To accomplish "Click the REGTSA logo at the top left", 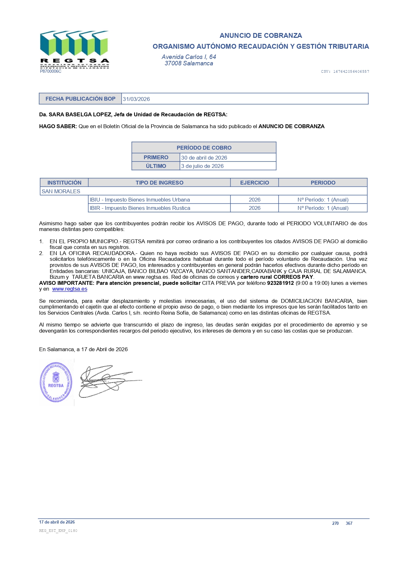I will tap(74, 50).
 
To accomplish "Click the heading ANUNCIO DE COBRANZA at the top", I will tap(260, 36).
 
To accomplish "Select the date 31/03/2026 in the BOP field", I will tap(136, 99).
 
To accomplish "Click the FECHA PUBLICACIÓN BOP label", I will tap(80, 99).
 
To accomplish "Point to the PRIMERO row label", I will tap(156, 157).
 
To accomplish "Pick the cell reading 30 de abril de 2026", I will tap(204, 158).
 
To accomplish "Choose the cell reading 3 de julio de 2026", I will tap(202, 166).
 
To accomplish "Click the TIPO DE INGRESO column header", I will tap(159, 183).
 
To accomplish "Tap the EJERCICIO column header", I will tap(254, 183).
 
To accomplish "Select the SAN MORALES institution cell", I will tap(61, 191).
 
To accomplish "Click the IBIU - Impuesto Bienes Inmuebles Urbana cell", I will tap(140, 200).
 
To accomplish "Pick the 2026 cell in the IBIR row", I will tap(254, 208).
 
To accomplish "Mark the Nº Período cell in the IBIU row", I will tap(323, 200).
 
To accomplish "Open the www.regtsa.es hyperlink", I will tap(70, 289).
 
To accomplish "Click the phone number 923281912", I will tap(280, 283).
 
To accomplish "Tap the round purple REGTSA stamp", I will tap(56, 382).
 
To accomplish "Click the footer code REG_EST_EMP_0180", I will tap(58, 531).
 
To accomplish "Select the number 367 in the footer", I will tap(349, 523).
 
